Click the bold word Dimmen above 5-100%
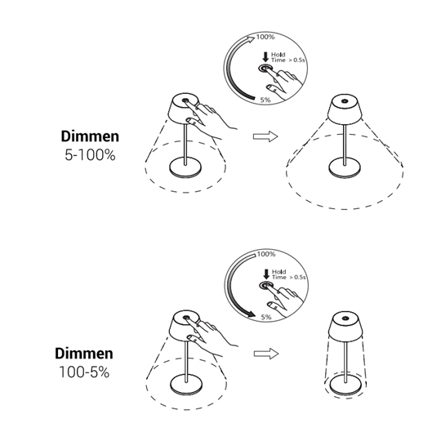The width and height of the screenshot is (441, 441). click(x=90, y=136)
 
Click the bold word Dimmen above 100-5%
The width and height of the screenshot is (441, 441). click(x=84, y=354)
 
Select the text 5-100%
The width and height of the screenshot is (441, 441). click(x=90, y=155)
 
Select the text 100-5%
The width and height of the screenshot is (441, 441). click(x=84, y=372)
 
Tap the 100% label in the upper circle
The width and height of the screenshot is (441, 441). click(x=265, y=37)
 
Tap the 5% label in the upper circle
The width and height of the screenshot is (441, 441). click(x=265, y=100)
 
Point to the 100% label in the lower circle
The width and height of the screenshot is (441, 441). click(x=266, y=254)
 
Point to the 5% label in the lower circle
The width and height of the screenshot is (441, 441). click(x=266, y=317)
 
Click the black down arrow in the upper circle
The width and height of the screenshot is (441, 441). click(x=265, y=57)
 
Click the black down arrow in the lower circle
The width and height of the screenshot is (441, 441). click(x=265, y=274)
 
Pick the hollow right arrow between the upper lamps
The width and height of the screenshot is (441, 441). click(x=265, y=136)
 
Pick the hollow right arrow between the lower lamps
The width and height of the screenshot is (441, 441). click(x=266, y=354)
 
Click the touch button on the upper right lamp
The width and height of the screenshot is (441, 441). click(x=345, y=101)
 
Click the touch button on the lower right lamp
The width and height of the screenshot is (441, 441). click(x=345, y=318)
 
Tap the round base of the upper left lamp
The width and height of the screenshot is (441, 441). click(x=185, y=167)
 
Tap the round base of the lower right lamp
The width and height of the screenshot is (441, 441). click(x=345, y=385)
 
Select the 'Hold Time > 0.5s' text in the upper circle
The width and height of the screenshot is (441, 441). click(x=288, y=57)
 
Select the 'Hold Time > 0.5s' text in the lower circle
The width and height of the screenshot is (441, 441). click(x=289, y=274)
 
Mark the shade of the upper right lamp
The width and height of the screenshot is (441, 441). click(x=345, y=109)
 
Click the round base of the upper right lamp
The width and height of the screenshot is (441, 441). click(x=345, y=167)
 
